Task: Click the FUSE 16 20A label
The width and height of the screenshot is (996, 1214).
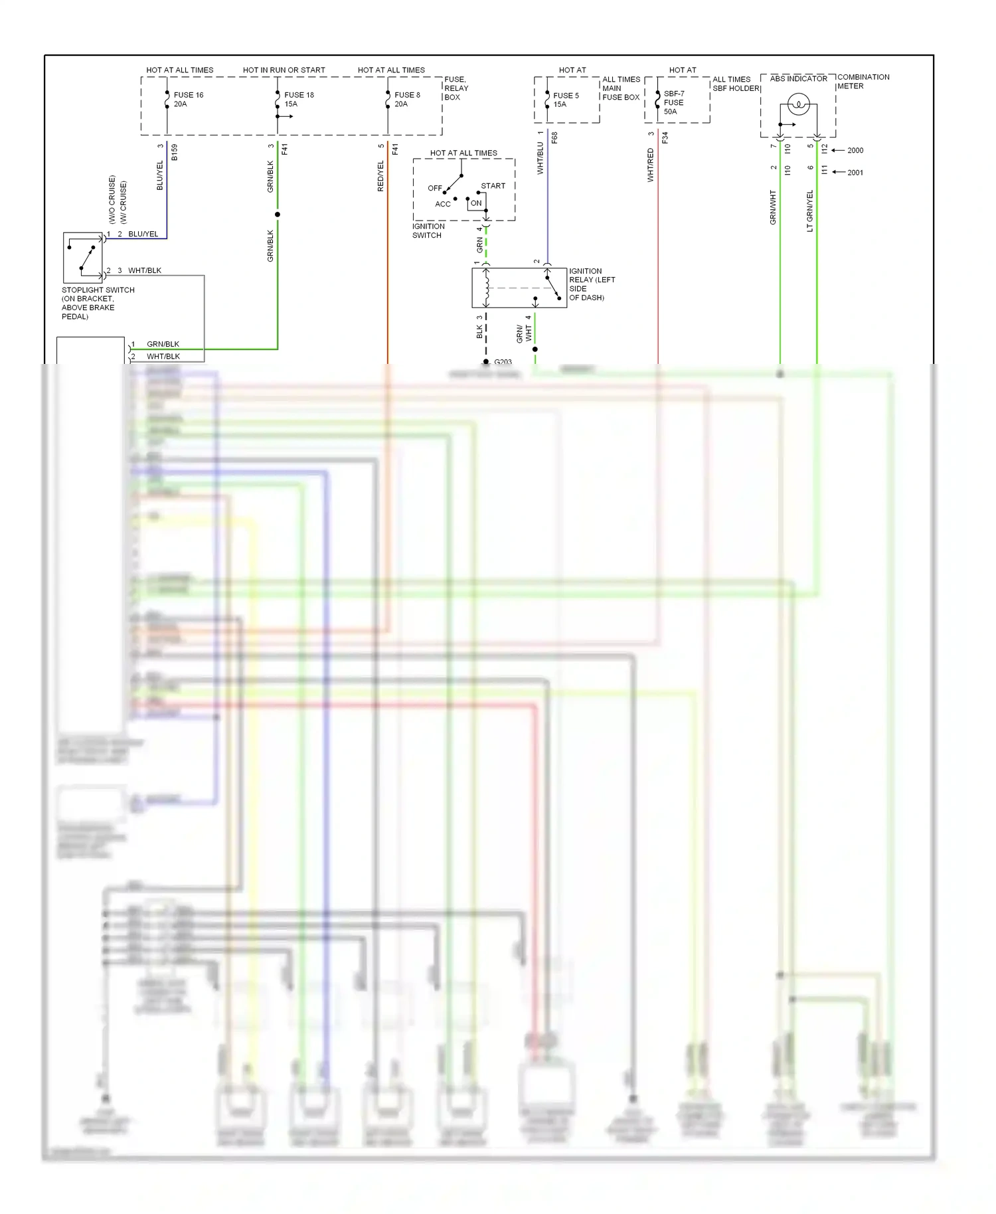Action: [x=188, y=100]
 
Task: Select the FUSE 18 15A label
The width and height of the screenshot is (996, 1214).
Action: [x=299, y=100]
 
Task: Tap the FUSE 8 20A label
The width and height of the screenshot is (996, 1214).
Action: [x=406, y=100]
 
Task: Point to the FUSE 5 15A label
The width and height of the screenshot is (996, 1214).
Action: [x=565, y=100]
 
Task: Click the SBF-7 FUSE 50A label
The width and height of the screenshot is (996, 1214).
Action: [x=673, y=103]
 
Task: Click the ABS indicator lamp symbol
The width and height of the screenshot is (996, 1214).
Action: [x=797, y=104]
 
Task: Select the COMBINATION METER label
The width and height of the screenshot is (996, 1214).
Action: [x=863, y=82]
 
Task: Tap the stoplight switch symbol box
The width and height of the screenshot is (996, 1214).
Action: [x=83, y=258]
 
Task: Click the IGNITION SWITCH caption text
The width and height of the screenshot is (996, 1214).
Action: [x=428, y=230]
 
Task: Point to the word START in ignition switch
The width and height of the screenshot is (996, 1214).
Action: [x=493, y=186]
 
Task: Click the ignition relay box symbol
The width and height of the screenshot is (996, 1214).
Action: [x=519, y=288]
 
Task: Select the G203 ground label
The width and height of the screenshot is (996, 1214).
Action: [x=503, y=362]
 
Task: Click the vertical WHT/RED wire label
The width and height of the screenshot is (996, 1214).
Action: [x=650, y=165]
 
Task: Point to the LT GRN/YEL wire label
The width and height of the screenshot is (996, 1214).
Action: [x=809, y=211]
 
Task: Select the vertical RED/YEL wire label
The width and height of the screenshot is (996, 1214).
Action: [x=380, y=176]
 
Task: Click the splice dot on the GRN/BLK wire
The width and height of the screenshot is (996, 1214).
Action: [x=278, y=215]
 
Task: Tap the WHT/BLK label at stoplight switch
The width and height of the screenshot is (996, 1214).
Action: [x=144, y=270]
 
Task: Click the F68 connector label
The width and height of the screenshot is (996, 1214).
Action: [x=554, y=138]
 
